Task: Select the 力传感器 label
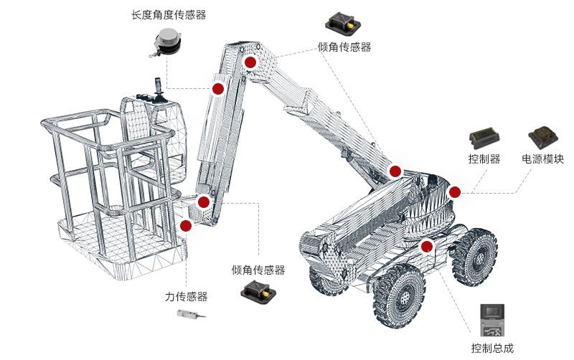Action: pos(186,296)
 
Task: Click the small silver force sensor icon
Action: pos(192,314)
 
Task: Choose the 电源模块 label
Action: pos(542,159)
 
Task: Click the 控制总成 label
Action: pos(492,349)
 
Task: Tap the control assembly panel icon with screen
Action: pos(493,321)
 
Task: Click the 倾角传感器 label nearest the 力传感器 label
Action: pos(258,270)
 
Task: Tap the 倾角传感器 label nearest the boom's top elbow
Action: pos(344,47)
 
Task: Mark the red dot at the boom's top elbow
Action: pos(250,62)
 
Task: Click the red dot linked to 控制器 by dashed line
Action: pos(454,191)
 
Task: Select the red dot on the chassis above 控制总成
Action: pos(428,247)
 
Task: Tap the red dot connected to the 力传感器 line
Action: pos(187,226)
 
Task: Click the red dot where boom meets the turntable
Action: pos(395,171)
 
